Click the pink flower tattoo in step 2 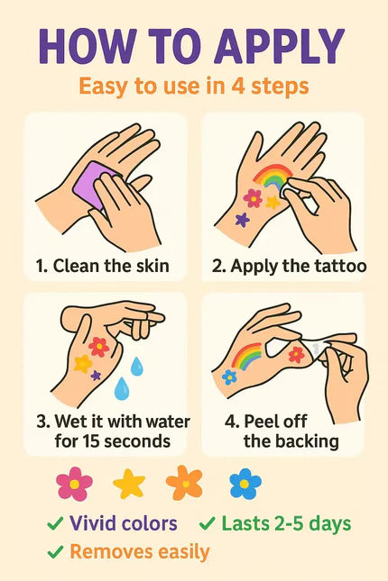click(253, 198)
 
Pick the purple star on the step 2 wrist click(242, 220)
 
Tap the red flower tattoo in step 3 click(98, 347)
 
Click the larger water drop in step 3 click(122, 388)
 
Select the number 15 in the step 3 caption click(89, 441)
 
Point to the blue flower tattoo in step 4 click(229, 377)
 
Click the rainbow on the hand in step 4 click(247, 356)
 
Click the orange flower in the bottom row click(185, 483)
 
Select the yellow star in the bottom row click(129, 484)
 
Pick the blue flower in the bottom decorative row click(245, 484)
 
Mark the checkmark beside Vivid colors click(55, 523)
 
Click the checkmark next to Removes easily click(55, 552)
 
